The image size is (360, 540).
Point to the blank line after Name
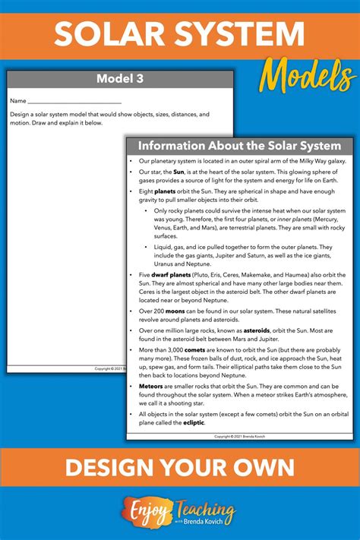74,101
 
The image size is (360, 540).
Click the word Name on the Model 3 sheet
18,100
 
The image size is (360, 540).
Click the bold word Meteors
152,387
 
